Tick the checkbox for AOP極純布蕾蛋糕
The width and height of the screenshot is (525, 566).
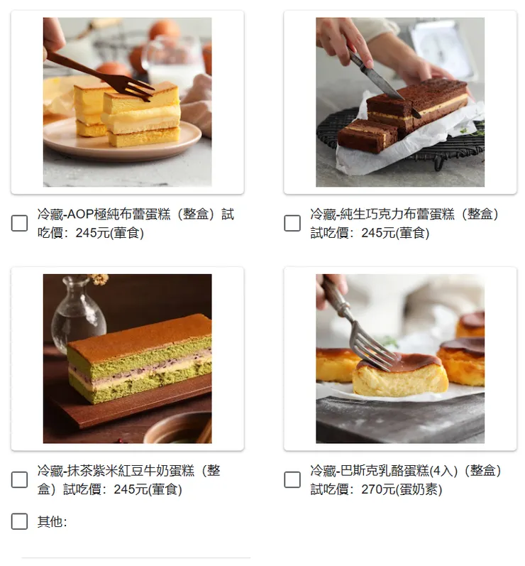coord(20,223)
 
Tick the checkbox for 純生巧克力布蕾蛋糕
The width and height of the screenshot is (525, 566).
coord(292,223)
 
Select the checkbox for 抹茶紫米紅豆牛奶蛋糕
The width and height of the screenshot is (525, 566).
coord(20,480)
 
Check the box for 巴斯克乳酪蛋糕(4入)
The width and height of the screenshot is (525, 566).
coord(292,480)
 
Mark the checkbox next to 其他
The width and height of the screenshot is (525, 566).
coord(20,522)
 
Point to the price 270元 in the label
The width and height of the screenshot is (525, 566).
coord(379,489)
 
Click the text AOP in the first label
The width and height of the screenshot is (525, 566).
coord(80,214)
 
